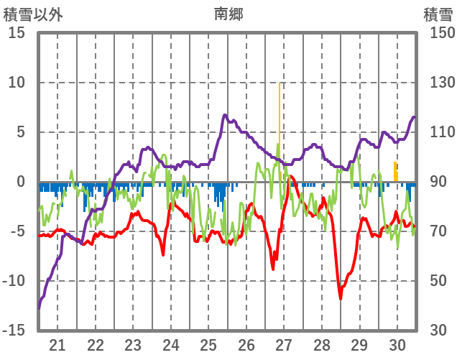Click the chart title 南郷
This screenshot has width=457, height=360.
(228, 13)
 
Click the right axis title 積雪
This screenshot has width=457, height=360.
(438, 13)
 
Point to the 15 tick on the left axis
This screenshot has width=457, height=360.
(17, 33)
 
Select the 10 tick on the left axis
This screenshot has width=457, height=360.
(17, 83)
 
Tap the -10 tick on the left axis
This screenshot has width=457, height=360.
(14, 281)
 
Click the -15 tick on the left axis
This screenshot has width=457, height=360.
(14, 331)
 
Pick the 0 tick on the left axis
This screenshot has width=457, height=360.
(21, 182)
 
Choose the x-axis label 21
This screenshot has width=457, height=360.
(57, 344)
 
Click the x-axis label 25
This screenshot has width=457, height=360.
(208, 344)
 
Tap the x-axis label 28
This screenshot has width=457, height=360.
(322, 344)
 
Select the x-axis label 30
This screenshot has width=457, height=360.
(397, 344)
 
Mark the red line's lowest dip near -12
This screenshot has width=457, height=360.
(341, 297)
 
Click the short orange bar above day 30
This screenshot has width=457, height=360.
(395, 172)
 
